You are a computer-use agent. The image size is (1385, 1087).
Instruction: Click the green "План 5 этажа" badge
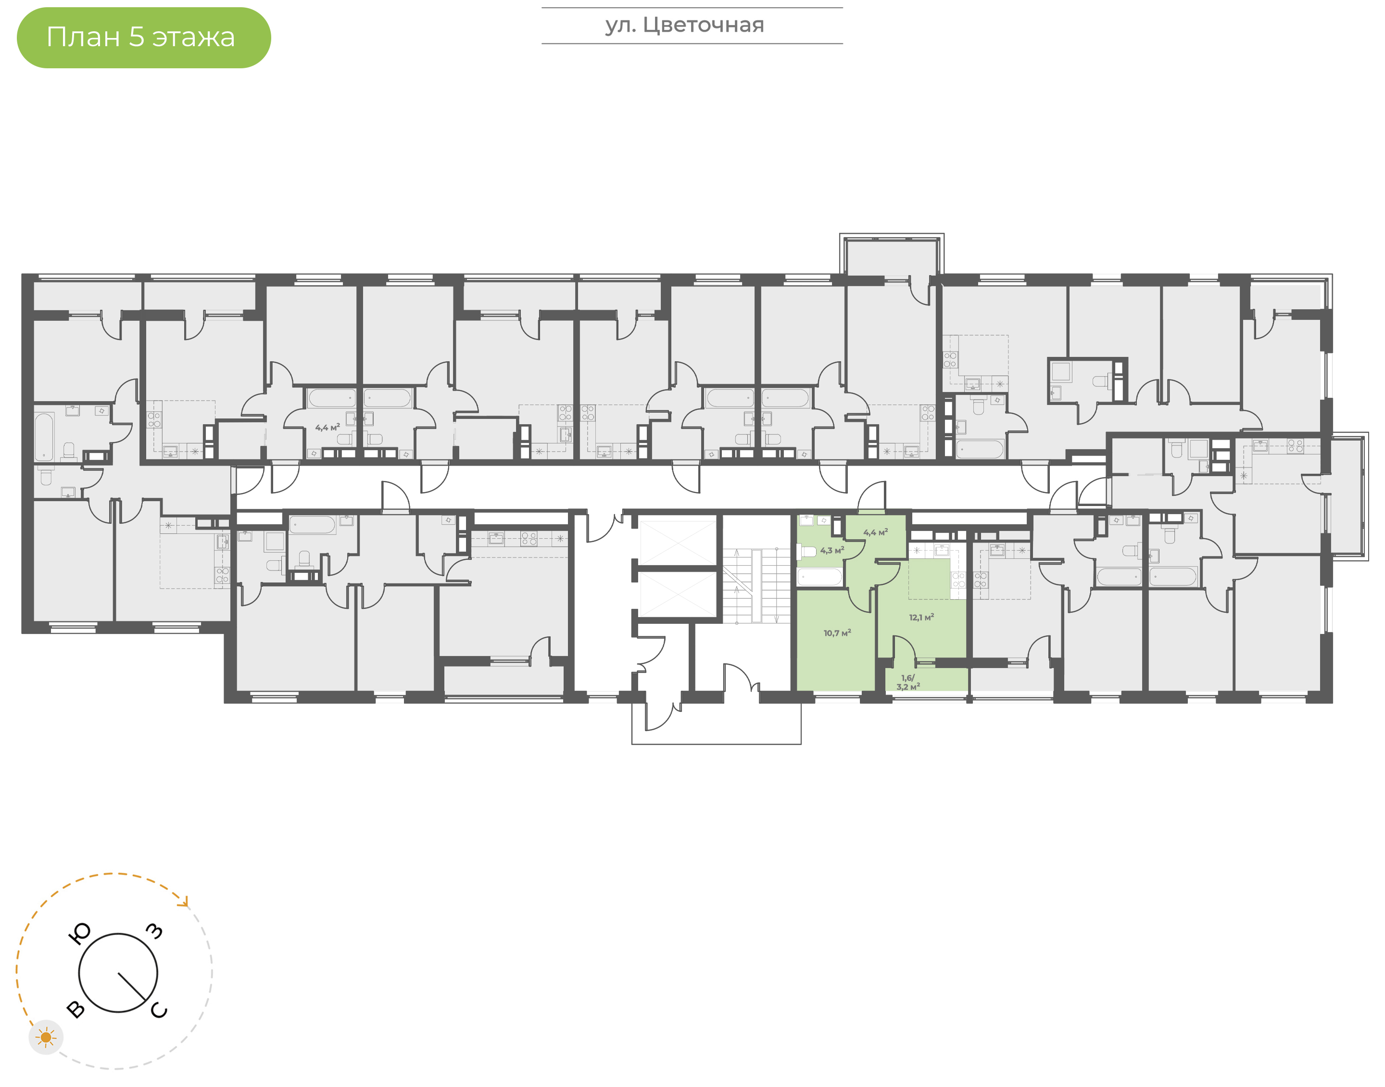click(144, 38)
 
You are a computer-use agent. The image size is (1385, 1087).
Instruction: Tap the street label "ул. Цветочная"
click(684, 25)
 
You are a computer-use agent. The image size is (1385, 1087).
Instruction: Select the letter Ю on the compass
click(79, 934)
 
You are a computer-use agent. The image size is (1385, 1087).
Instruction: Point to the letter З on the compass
click(154, 931)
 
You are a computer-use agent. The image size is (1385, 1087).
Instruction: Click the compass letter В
click(76, 1010)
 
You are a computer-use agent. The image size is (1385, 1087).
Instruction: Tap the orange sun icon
click(46, 1037)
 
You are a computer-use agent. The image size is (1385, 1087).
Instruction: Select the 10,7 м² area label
click(837, 633)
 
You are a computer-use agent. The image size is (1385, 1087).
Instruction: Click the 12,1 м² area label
click(921, 617)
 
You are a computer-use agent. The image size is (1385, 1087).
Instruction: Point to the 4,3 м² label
click(832, 551)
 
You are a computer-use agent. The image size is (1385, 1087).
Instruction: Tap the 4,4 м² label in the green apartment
click(875, 532)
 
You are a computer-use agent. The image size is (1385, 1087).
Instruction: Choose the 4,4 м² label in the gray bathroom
click(327, 428)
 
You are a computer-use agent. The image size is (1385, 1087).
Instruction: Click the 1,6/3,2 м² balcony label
click(908, 682)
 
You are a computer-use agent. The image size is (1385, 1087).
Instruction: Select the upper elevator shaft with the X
click(678, 542)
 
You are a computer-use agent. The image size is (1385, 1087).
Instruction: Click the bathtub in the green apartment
click(820, 577)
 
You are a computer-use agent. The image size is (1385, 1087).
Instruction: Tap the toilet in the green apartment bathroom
click(806, 551)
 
